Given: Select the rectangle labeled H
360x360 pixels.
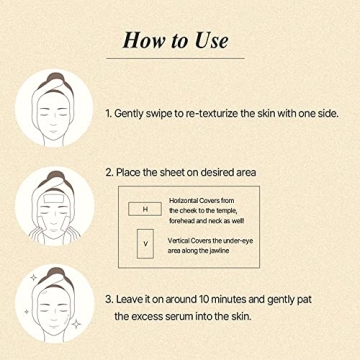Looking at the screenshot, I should pos(145,209).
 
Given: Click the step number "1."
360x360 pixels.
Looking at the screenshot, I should pos(137,114).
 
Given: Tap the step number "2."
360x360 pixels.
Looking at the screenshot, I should pos(137,173).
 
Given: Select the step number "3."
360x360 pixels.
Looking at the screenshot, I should pos(137,298).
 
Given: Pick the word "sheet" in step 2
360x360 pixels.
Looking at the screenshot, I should pos(201,173).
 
